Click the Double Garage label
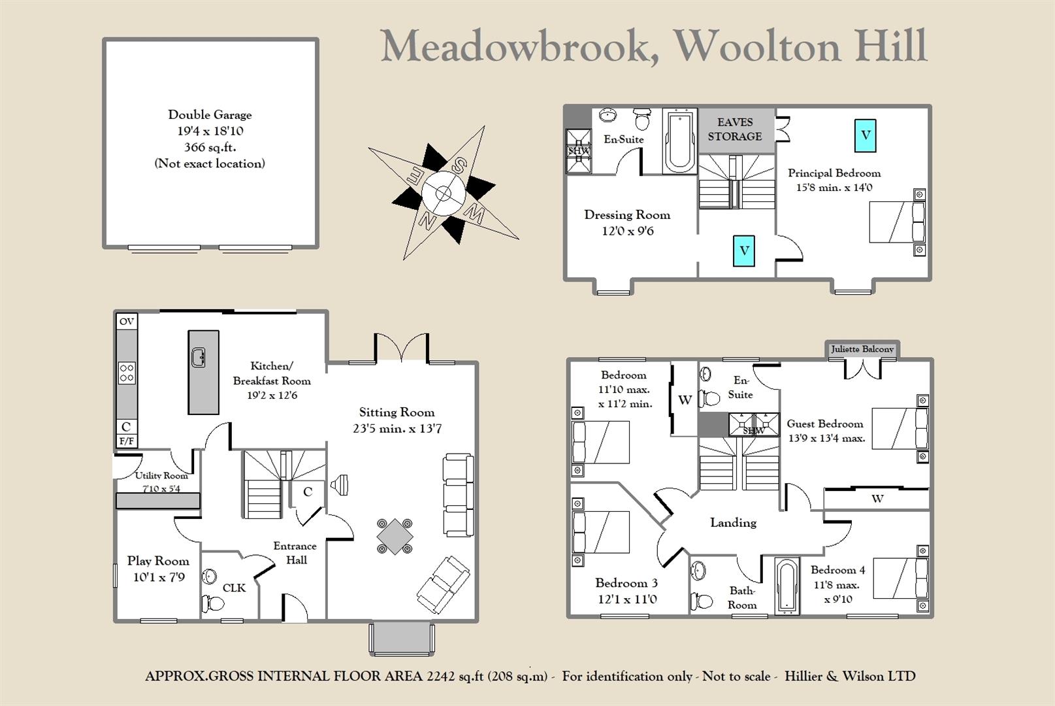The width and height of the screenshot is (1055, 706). [210, 115]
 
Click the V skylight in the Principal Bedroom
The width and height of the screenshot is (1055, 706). [865, 136]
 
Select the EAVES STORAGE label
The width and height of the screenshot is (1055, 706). [735, 129]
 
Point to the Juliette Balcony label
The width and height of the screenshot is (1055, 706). [862, 349]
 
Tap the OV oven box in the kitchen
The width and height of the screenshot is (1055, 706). [127, 321]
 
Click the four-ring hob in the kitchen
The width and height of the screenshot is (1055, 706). [127, 373]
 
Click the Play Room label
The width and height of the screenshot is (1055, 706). [158, 561]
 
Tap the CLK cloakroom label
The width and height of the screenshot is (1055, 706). [234, 588]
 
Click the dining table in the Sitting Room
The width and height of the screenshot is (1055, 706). [395, 536]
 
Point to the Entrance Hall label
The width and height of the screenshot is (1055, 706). [295, 553]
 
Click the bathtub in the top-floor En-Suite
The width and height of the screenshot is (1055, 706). [680, 141]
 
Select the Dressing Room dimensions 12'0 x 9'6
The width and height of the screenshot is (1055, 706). [627, 231]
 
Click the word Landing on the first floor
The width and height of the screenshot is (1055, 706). [733, 522]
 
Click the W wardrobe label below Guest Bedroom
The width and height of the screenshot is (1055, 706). [877, 499]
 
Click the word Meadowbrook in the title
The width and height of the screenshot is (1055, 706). [519, 47]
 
